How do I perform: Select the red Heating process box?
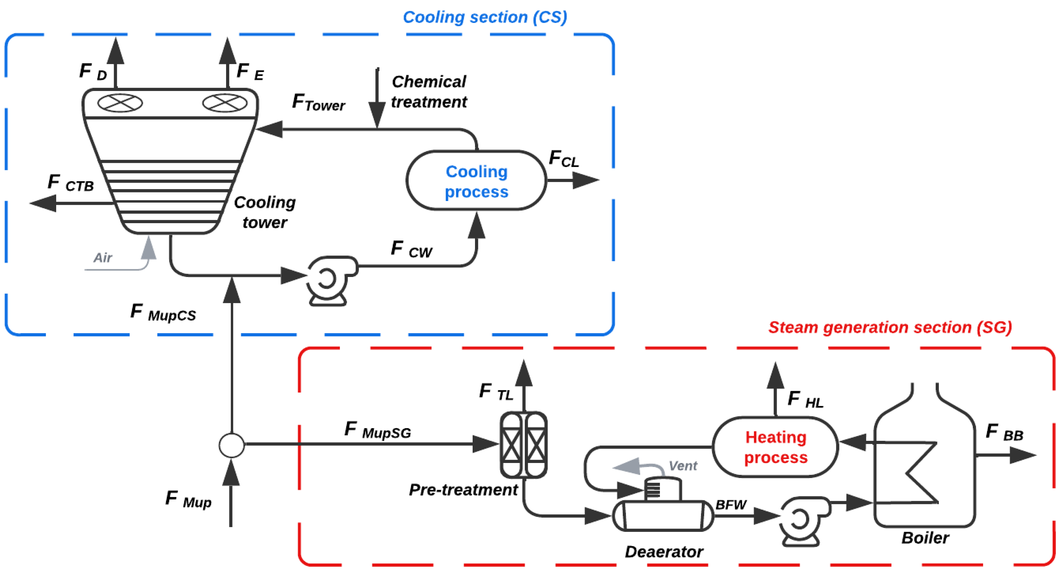[775, 447]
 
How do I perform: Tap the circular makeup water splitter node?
[232, 445]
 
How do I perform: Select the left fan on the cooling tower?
[120, 103]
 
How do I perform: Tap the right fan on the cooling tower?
[225, 103]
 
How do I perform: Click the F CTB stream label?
[70, 183]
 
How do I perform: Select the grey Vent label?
[682, 465]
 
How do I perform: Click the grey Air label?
[102, 258]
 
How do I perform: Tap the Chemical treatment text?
[428, 91]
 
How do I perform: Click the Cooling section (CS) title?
[485, 17]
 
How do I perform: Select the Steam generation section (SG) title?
[890, 327]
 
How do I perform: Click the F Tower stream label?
[318, 103]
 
